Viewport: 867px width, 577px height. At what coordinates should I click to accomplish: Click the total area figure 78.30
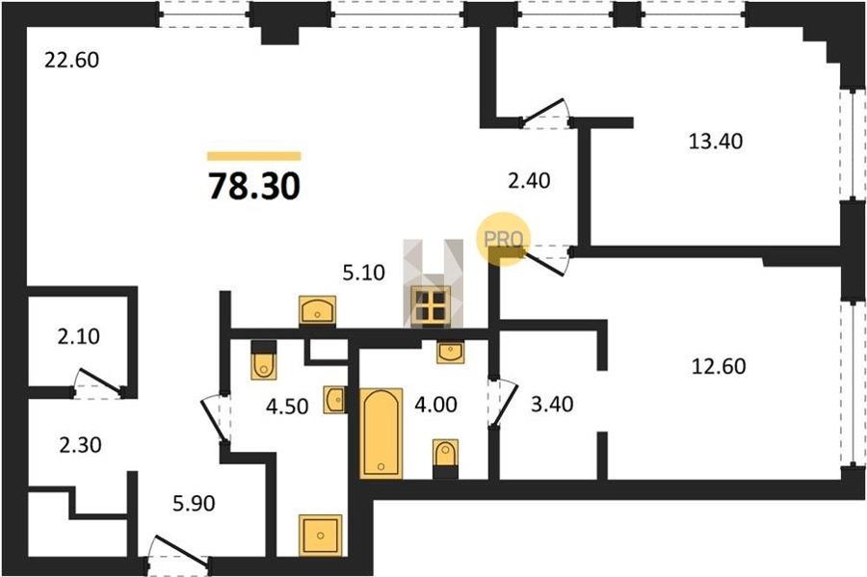pos(254,186)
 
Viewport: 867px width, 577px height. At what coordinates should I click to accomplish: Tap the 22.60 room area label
pos(72,60)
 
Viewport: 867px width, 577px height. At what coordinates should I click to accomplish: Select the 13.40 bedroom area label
pos(716,142)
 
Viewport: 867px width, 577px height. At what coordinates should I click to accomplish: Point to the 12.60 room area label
pos(719,366)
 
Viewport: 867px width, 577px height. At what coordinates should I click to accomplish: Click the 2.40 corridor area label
pos(529,180)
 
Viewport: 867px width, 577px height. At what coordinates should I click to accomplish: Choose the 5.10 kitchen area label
pos(363,273)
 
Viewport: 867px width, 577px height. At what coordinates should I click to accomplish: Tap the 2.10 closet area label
pos(79,336)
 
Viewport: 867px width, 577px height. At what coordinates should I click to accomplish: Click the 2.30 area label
pos(80,444)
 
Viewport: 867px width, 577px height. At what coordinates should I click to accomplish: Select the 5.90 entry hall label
pos(194,504)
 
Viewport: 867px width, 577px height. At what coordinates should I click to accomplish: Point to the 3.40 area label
pos(552,404)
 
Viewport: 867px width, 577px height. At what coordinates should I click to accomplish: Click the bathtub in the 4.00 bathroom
pos(381,433)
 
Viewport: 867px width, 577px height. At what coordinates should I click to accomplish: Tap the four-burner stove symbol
pos(431,305)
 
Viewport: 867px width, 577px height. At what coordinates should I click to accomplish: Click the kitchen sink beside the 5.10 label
pos(317,309)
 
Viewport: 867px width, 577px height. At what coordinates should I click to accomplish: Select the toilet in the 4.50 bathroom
pos(263,360)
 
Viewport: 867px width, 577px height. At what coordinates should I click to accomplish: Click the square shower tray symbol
pos(321,535)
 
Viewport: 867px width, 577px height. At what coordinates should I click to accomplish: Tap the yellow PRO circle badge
pos(504,239)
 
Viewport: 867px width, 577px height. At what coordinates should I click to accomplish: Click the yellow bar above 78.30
pos(254,156)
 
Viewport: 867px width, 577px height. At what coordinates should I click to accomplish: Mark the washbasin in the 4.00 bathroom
pos(450,352)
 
